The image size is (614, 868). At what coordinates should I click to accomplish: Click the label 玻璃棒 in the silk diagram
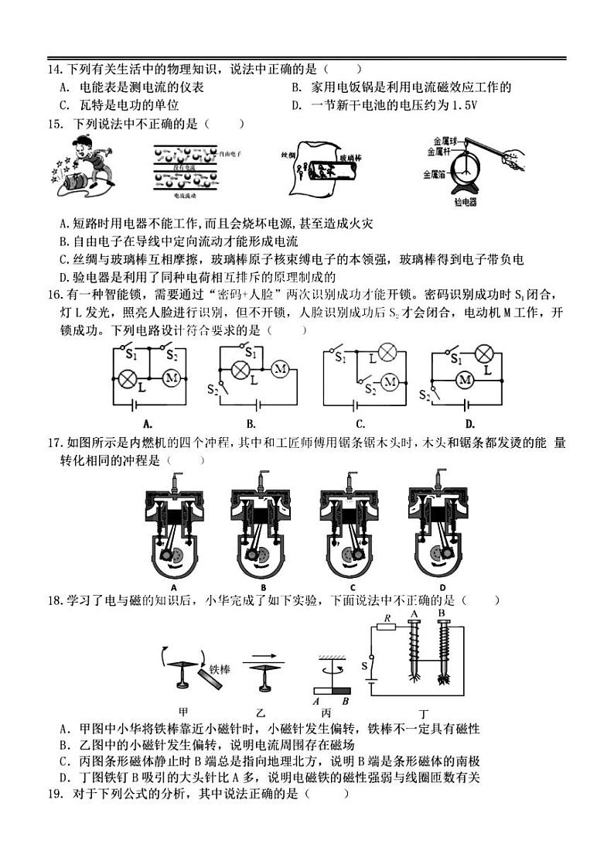click(x=352, y=158)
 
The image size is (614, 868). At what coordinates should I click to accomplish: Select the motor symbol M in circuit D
click(x=465, y=379)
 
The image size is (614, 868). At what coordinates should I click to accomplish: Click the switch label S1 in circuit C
click(x=341, y=358)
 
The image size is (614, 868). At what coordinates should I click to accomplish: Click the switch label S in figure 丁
click(x=364, y=665)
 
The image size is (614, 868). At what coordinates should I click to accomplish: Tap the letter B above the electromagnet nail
click(x=442, y=613)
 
